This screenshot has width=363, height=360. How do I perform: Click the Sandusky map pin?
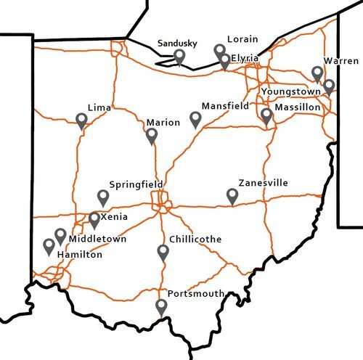[x=179, y=57]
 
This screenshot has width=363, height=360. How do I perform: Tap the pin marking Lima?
[x=82, y=120]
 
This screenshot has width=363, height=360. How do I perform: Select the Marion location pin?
[x=152, y=135]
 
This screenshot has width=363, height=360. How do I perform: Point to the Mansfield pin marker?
[x=195, y=118]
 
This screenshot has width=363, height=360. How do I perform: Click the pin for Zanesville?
[x=232, y=195]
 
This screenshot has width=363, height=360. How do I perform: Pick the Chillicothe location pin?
[x=163, y=252]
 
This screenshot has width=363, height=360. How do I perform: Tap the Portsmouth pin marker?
[x=161, y=306]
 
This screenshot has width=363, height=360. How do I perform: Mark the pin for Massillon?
[x=266, y=115]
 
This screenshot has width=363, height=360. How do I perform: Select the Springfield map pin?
[x=103, y=197]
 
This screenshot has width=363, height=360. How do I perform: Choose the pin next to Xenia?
[x=94, y=219]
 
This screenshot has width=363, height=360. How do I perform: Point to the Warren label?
[x=341, y=60]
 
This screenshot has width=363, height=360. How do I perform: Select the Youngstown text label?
[x=290, y=92]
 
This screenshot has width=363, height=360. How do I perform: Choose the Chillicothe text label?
[x=195, y=239]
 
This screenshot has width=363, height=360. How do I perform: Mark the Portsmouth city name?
[x=195, y=293]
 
